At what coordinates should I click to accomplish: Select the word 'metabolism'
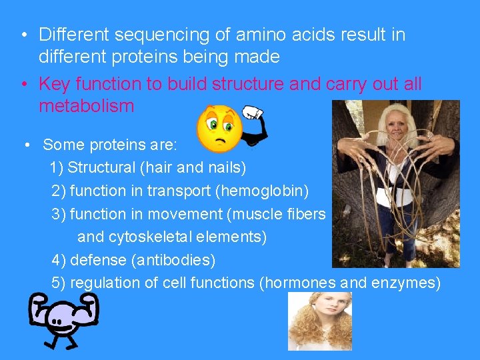pos(87,106)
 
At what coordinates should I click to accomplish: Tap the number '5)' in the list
pos(59,283)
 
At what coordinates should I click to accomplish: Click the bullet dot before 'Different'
pos(23,35)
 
